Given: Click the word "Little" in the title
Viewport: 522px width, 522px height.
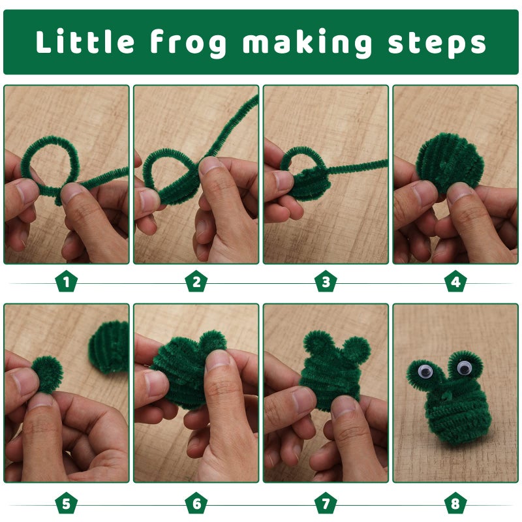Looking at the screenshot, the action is pos(85,41).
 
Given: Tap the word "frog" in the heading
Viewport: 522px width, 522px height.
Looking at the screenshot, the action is pos(189,43).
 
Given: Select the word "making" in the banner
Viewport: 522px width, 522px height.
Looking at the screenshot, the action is pos(307,43).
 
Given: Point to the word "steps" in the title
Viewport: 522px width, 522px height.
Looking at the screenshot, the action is pos(437,44).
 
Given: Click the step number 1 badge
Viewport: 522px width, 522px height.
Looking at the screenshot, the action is pos(67,281).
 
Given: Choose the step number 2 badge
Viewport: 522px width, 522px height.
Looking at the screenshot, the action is pos(196,281).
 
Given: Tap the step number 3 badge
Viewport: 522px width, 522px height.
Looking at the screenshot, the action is pos(326,281).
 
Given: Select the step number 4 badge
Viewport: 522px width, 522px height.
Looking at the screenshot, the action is pos(455,281).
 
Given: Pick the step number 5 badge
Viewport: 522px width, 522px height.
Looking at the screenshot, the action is pos(67,503).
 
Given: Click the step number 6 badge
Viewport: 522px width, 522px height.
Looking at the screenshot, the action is pos(196,503).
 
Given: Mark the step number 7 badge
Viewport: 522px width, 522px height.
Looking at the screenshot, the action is pos(326,503).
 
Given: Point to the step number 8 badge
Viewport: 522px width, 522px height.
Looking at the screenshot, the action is pos(455,503).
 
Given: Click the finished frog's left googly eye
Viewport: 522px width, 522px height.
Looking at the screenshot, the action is pos(425,371).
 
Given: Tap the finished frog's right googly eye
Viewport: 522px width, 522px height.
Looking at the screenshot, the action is pos(464,367).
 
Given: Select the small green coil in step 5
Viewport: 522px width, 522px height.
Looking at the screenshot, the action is pos(47,374).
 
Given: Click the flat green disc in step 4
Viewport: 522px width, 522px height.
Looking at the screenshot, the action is pos(450,162).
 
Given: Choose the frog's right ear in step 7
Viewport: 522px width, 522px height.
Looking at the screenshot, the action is pos(356,350).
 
